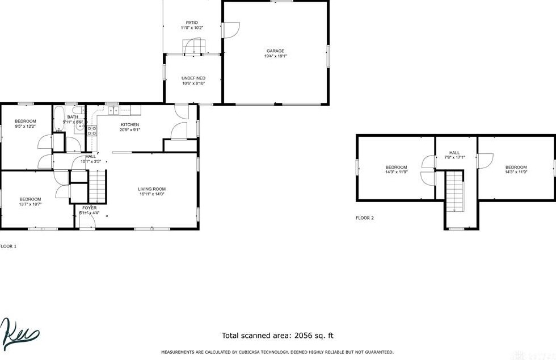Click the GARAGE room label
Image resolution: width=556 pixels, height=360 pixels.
275,51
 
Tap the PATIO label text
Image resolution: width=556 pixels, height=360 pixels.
192,23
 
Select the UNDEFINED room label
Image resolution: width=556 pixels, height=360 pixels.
193,78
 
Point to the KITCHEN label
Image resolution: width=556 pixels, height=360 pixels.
130,124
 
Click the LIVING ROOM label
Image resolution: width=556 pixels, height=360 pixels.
151,189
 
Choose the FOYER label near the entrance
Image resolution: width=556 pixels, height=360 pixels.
90,208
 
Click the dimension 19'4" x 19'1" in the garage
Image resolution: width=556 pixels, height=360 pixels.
275,56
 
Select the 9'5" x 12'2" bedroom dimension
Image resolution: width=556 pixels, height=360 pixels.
26,126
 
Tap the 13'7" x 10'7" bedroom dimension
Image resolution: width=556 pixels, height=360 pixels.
30,204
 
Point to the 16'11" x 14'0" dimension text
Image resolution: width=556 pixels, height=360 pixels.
151,194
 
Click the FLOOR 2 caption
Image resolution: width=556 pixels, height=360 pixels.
365,218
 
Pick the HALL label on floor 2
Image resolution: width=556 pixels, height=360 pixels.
454,152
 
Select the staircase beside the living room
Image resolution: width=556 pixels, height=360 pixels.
98,188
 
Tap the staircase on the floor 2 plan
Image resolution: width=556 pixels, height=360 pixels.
454,192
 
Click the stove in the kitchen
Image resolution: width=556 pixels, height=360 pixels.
92,131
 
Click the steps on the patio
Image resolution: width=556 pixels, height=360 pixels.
193,46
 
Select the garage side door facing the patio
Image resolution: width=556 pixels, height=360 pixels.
230,30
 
